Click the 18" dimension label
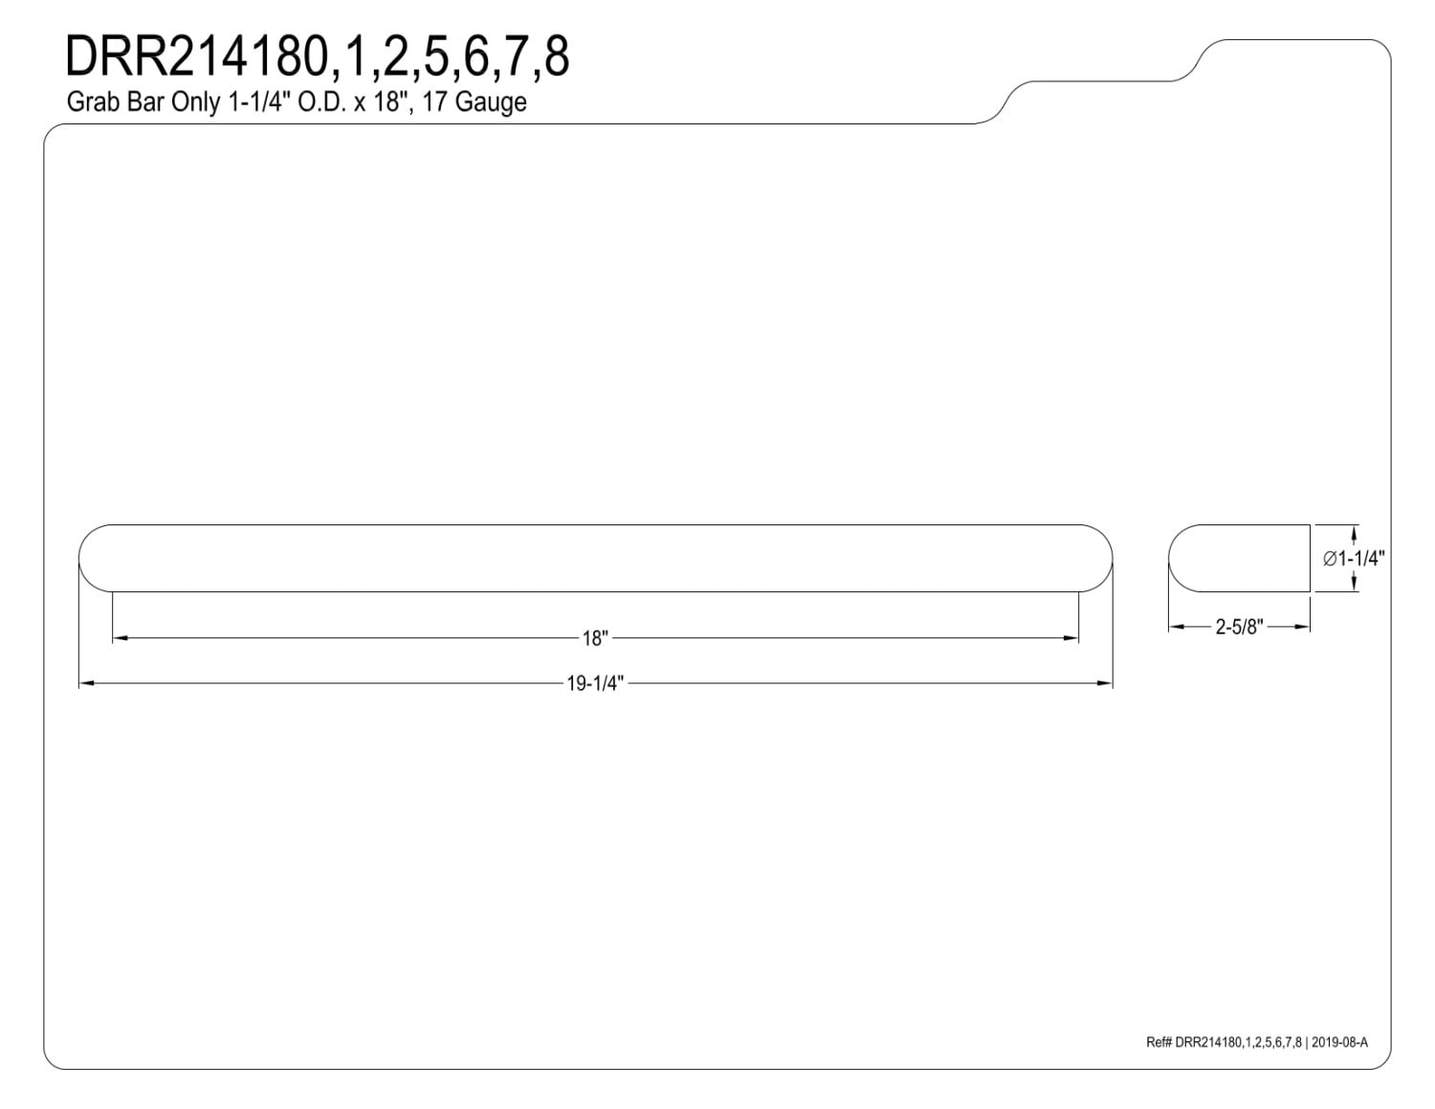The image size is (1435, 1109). pyautogui.click(x=594, y=639)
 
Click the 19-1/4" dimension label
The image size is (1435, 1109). pyautogui.click(x=595, y=683)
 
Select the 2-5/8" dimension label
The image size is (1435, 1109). pyautogui.click(x=1239, y=627)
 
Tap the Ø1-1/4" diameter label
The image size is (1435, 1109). pyautogui.click(x=1354, y=559)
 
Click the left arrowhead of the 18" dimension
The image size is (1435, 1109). pyautogui.click(x=121, y=638)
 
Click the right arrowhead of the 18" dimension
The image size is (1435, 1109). pyautogui.click(x=1071, y=638)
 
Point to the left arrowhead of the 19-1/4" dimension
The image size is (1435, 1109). pyautogui.click(x=86, y=683)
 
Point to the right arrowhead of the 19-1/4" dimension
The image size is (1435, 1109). pyautogui.click(x=1105, y=683)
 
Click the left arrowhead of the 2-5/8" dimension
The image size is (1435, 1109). pyautogui.click(x=1176, y=626)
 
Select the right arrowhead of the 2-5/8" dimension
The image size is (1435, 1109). pyautogui.click(x=1302, y=626)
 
